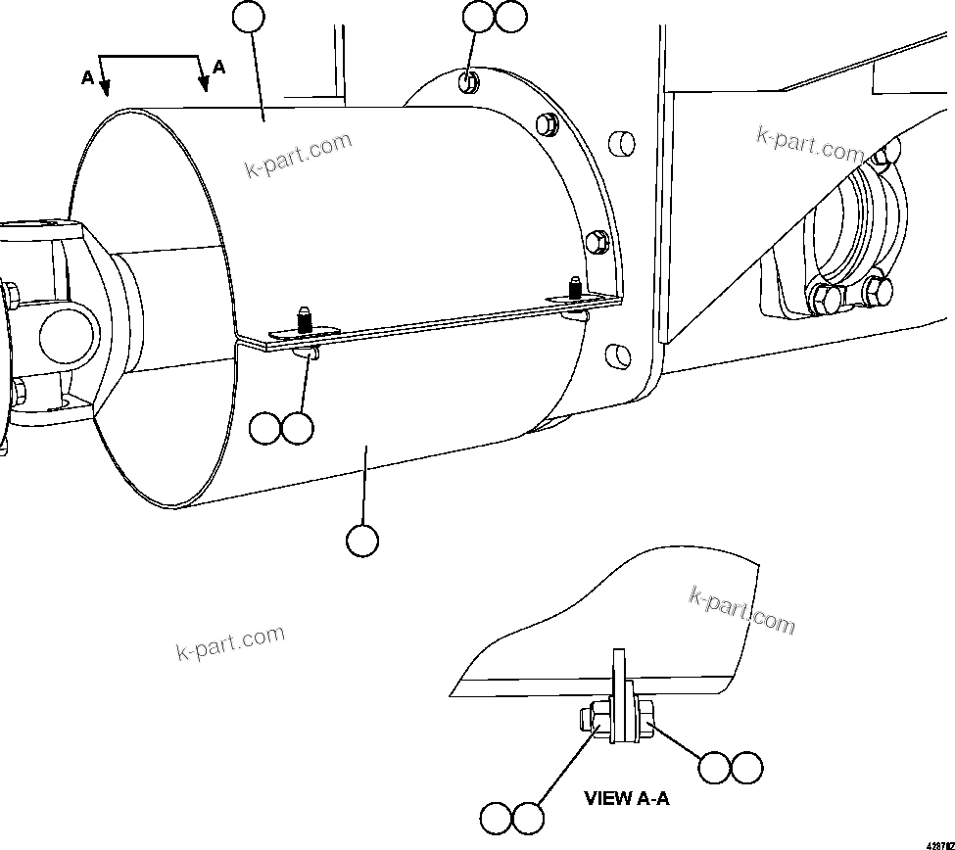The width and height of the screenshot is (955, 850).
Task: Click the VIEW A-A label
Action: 627,798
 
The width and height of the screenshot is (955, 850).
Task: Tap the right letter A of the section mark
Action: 219,68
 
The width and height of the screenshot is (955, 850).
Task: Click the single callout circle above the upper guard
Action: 249,17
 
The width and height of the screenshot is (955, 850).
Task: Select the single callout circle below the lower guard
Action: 362,540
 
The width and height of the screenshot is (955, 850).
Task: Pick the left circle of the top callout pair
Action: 478,17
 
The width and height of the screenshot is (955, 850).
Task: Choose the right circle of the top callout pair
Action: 510,17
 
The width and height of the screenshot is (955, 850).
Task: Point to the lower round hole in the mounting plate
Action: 619,354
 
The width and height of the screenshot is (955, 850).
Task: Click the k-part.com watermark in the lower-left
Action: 230,641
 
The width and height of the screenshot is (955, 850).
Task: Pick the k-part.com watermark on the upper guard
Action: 298,157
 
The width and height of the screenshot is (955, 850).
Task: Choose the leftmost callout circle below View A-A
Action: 496,817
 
